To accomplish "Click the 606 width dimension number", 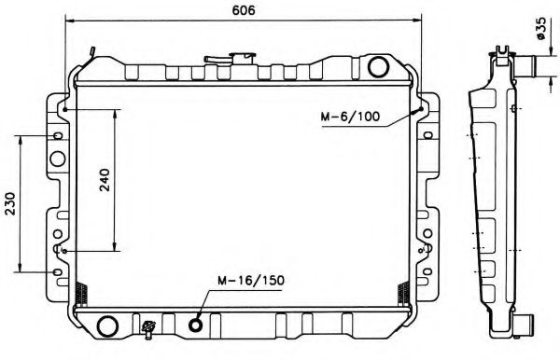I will click(245, 9).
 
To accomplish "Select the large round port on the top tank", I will click(378, 67).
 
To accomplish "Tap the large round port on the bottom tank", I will click(108, 325).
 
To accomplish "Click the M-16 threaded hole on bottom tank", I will click(196, 325).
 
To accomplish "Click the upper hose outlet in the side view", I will click(528, 67).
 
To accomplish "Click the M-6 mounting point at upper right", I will click(427, 109).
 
